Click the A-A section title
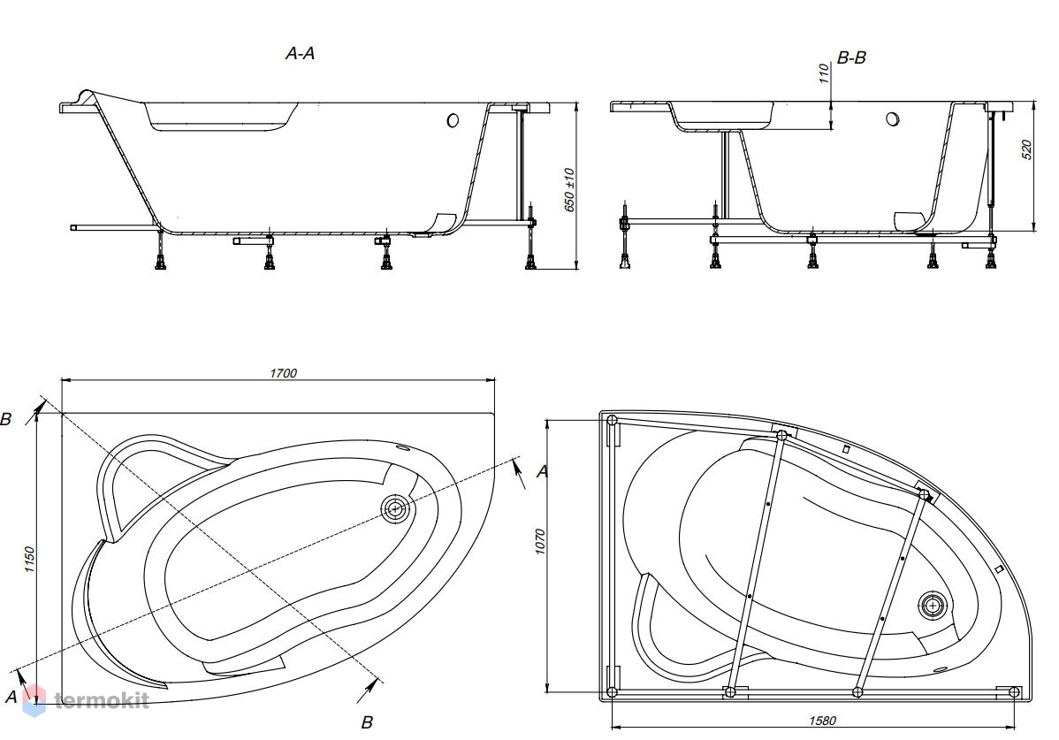(x=300, y=53)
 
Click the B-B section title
(x=851, y=58)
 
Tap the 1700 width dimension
(x=284, y=373)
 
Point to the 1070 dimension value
(x=539, y=541)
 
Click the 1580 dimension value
(x=823, y=721)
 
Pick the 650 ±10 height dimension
(x=568, y=190)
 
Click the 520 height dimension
(x=1028, y=150)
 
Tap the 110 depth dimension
(x=823, y=72)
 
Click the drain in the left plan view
(x=394, y=508)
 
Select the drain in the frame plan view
(x=933, y=605)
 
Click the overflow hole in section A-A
(x=453, y=120)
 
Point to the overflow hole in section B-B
(x=893, y=119)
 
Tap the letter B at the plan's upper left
(x=6, y=419)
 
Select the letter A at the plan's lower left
(x=11, y=696)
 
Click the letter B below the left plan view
(x=367, y=722)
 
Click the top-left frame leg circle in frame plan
(x=612, y=420)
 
